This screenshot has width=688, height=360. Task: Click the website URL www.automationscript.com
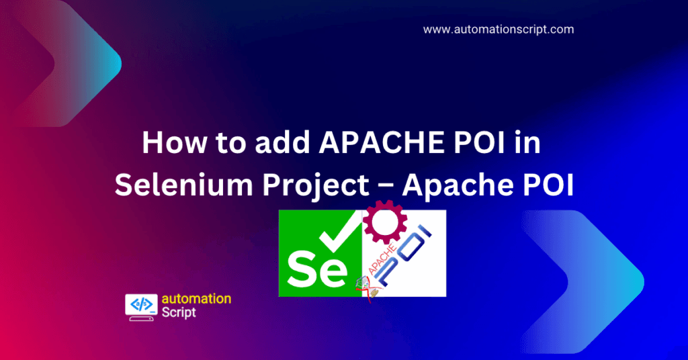[499, 30]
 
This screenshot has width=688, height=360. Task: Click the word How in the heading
[174, 142]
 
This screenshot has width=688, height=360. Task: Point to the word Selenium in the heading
[184, 185]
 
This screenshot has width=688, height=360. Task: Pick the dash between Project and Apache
[386, 186]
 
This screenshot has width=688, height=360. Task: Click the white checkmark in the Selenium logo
[340, 232]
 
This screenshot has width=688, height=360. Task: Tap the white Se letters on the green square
[316, 269]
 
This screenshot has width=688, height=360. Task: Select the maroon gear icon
[385, 222]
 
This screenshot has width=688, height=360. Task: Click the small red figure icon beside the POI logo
[365, 287]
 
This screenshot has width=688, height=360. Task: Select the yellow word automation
[196, 299]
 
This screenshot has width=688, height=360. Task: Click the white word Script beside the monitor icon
[179, 312]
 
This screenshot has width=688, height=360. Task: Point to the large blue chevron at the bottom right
[584, 281]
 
